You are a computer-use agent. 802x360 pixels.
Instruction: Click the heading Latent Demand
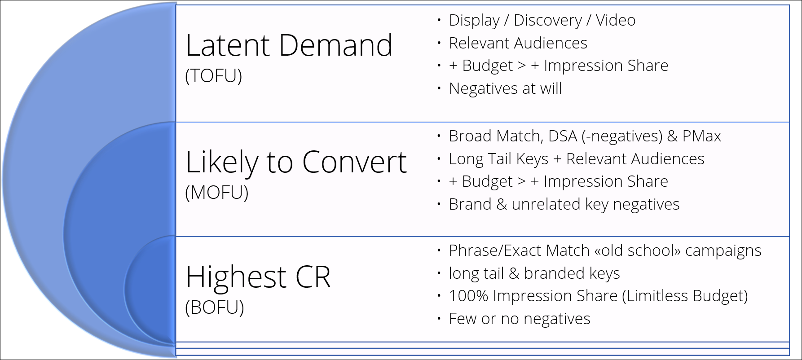coord(289,45)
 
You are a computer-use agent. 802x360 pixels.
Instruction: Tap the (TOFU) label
coord(214,76)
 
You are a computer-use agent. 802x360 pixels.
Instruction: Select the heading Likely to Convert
coord(296,162)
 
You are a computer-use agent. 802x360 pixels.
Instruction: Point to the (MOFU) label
coord(217,193)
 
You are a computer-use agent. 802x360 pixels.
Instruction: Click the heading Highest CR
coord(258,277)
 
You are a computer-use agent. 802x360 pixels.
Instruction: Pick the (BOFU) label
coord(215,307)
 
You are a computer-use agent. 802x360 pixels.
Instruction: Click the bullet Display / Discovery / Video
coord(542,21)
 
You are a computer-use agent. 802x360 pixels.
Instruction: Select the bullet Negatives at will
coord(505,88)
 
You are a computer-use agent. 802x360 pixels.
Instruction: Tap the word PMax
coord(702,136)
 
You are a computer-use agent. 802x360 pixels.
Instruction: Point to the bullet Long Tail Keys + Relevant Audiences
coord(577,159)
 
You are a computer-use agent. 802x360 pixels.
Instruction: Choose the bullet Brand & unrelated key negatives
coord(564,205)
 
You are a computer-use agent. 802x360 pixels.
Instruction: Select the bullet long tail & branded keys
coord(534,273)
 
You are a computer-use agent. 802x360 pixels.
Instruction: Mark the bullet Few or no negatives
coord(520,319)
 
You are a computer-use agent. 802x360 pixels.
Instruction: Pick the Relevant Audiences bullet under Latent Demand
coord(518,43)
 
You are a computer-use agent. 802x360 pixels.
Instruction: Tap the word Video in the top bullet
coord(616,20)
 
